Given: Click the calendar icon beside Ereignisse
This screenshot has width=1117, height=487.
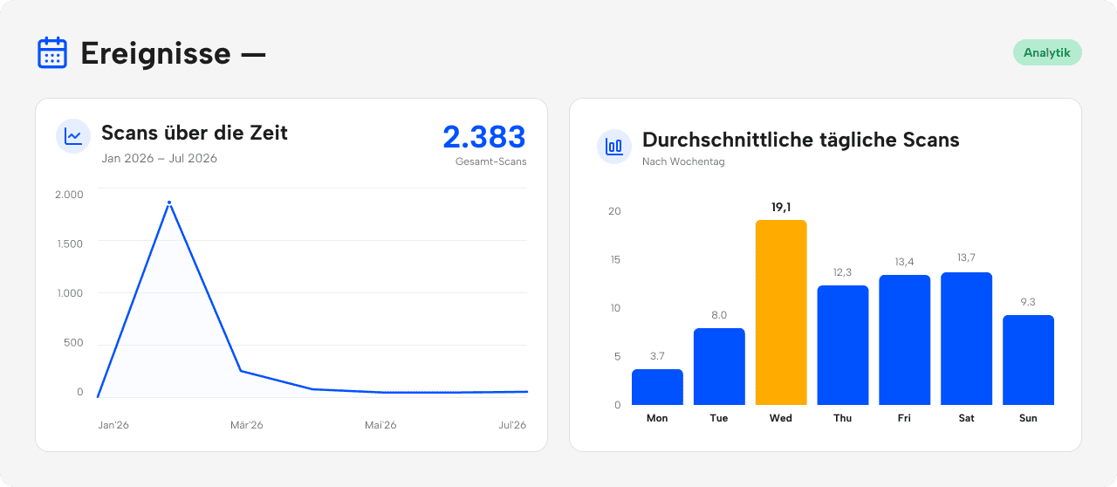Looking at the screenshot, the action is pyautogui.click(x=52, y=52).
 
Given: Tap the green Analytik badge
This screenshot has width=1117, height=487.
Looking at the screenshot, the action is pyautogui.click(x=1047, y=52).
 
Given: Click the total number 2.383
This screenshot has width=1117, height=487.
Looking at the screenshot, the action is pyautogui.click(x=483, y=137).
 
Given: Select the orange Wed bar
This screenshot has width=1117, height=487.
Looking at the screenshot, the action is pyautogui.click(x=781, y=312).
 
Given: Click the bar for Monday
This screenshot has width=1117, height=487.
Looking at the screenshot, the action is pyautogui.click(x=657, y=387).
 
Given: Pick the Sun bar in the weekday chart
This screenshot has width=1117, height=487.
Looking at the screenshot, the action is pyautogui.click(x=1028, y=360).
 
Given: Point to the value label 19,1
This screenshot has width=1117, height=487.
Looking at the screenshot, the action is pyautogui.click(x=781, y=207).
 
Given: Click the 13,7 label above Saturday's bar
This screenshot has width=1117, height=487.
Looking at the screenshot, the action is pyautogui.click(x=966, y=257).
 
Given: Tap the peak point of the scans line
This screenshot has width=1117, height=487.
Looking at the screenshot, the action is pyautogui.click(x=169, y=202).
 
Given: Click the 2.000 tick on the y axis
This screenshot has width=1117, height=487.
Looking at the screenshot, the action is pyautogui.click(x=69, y=195).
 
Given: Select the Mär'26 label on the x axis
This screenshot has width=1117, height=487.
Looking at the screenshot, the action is pyautogui.click(x=246, y=425).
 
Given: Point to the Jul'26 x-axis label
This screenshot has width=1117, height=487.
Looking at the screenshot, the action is pyautogui.click(x=512, y=425).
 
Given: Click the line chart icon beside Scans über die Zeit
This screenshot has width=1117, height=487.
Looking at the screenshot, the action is pyautogui.click(x=73, y=136).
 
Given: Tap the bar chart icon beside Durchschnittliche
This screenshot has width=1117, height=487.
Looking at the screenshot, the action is pyautogui.click(x=614, y=147).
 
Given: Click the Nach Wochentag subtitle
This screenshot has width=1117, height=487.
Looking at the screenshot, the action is pyautogui.click(x=683, y=161).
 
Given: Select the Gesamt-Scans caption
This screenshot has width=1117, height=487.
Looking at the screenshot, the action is pyautogui.click(x=490, y=161).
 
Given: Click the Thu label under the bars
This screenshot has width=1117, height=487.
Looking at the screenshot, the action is pyautogui.click(x=843, y=418).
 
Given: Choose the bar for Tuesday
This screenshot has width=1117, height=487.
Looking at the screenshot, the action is pyautogui.click(x=719, y=367).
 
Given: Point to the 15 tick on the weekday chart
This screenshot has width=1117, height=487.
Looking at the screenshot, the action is pyautogui.click(x=615, y=259).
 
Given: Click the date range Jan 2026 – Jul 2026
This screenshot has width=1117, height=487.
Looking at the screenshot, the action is pyautogui.click(x=160, y=158).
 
